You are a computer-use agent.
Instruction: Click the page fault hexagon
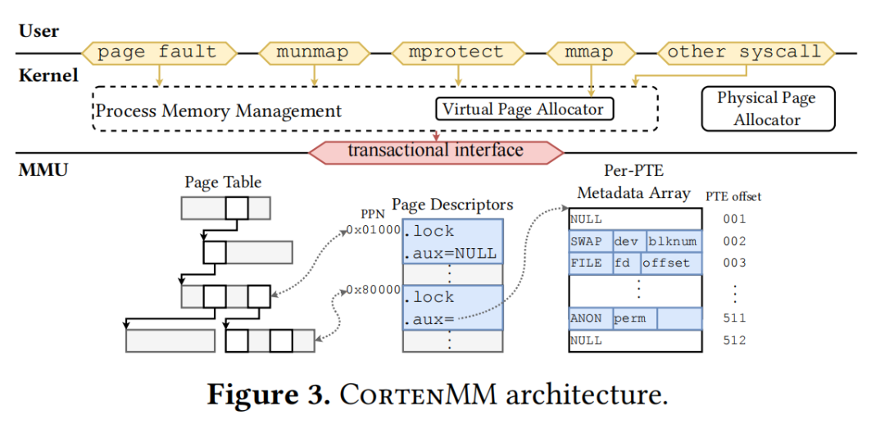pyautogui.click(x=157, y=52)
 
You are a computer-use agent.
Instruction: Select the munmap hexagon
pyautogui.click(x=312, y=52)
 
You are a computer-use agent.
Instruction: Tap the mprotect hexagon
pyautogui.click(x=456, y=52)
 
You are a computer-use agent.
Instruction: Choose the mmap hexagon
pyautogui.click(x=589, y=52)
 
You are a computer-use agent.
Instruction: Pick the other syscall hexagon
pyautogui.click(x=744, y=52)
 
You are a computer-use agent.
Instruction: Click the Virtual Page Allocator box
pyautogui.click(x=523, y=109)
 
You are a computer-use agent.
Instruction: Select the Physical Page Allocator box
pyautogui.click(x=767, y=109)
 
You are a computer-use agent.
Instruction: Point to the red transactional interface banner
pyautogui.click(x=436, y=151)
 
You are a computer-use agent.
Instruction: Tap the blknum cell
pyautogui.click(x=673, y=241)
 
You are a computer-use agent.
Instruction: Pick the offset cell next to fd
pyautogui.click(x=669, y=263)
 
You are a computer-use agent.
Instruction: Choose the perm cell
pyautogui.click(x=631, y=318)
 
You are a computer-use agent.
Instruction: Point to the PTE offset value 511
pyautogui.click(x=734, y=318)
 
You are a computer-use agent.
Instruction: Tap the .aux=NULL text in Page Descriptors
pyautogui.click(x=450, y=253)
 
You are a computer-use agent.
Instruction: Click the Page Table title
pyautogui.click(x=223, y=183)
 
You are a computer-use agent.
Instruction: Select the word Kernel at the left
pyautogui.click(x=48, y=76)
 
